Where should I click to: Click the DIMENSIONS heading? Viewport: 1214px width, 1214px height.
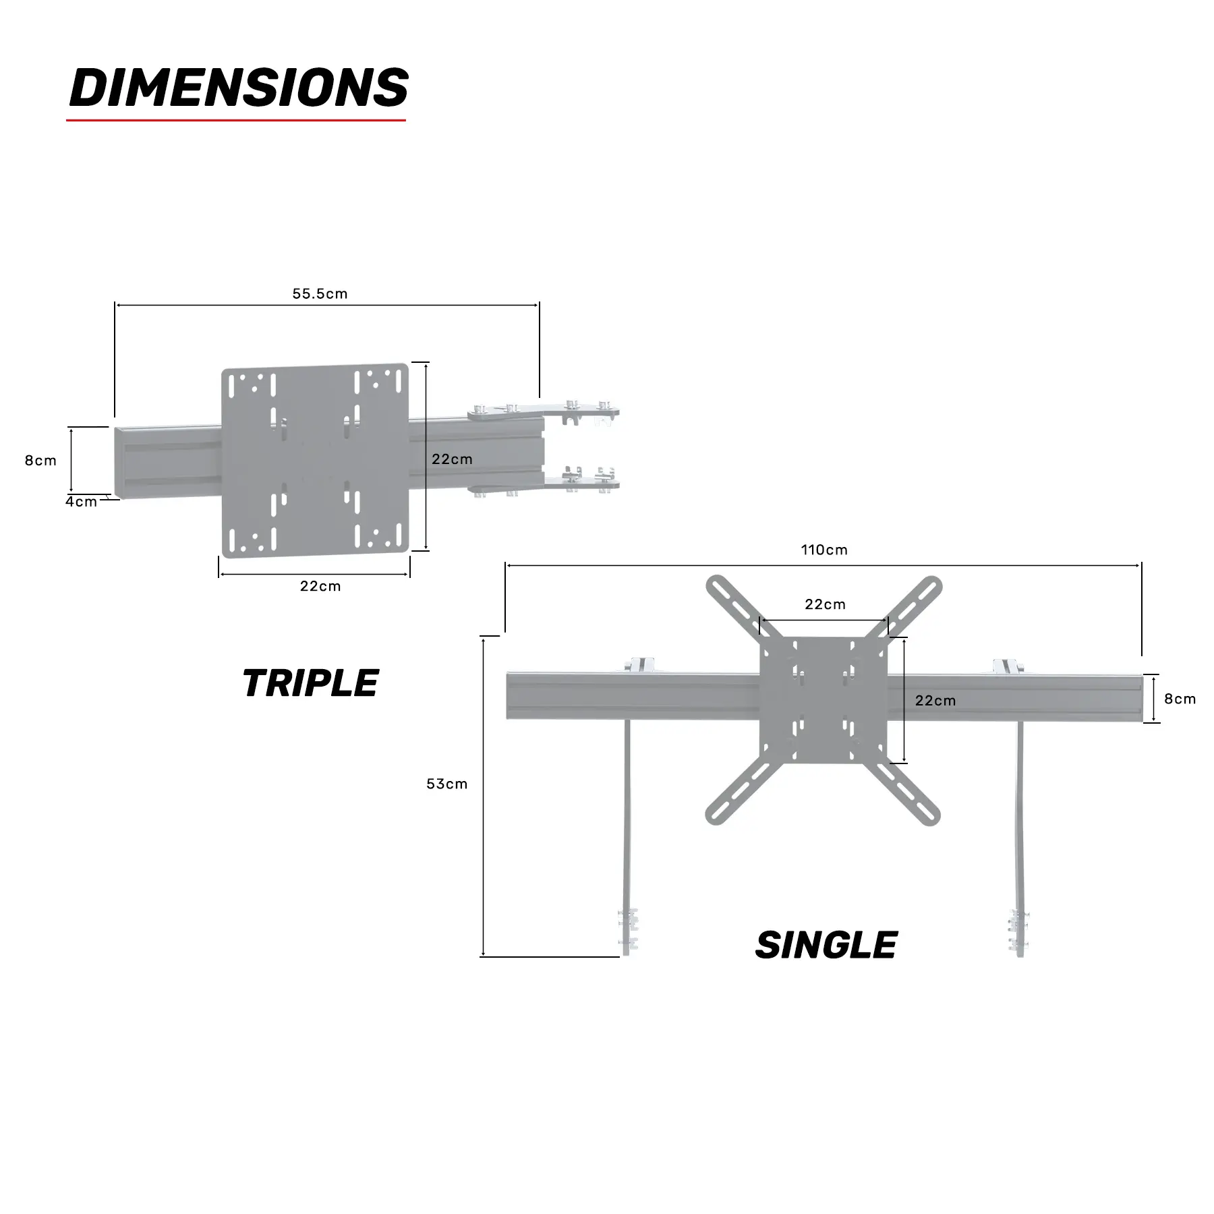pyautogui.click(x=239, y=88)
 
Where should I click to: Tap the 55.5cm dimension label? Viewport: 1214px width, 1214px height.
pyautogui.click(x=320, y=293)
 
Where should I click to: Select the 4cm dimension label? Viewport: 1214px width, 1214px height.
pyautogui.click(x=81, y=502)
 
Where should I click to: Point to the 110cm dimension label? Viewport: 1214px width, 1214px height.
pyautogui.click(x=824, y=550)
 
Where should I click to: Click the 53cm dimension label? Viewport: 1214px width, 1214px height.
pyautogui.click(x=446, y=784)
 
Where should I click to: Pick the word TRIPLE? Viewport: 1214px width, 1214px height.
pyautogui.click(x=310, y=683)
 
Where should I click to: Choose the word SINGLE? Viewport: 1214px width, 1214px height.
pyautogui.click(x=826, y=945)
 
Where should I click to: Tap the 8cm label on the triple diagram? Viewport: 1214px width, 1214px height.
pyautogui.click(x=40, y=461)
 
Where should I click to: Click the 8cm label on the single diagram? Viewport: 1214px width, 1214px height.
pyautogui.click(x=1180, y=699)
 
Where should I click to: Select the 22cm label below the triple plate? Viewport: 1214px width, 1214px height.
pyautogui.click(x=320, y=586)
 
